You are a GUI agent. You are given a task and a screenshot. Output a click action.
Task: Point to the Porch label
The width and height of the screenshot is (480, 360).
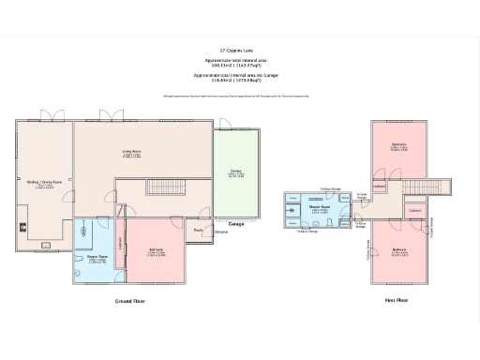(x=199, y=230)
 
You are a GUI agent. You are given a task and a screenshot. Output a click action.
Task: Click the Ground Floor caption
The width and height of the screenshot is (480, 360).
(x=131, y=301)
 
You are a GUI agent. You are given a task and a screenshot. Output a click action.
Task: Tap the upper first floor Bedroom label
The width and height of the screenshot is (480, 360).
(x=398, y=145)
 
